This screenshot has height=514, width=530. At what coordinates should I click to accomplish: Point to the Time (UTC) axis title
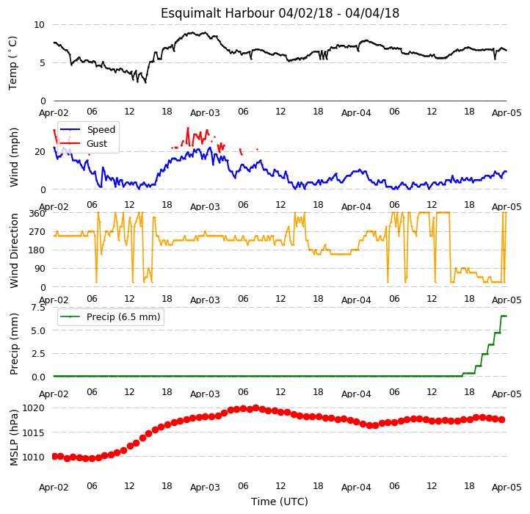pos(280,502)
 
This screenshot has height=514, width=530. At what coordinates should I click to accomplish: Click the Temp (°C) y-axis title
pos(12,63)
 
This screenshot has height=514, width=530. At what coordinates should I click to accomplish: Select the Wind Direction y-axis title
pos(14,250)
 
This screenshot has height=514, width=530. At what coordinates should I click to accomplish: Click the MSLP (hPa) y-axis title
pos(14,438)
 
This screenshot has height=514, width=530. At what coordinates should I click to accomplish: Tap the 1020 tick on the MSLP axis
pos(33,408)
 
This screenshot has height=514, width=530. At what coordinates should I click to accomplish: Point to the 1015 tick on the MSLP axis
pos(33,432)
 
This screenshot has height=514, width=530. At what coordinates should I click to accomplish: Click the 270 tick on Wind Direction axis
pos(37,232)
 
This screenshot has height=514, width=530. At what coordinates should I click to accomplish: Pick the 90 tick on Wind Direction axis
pos(40,269)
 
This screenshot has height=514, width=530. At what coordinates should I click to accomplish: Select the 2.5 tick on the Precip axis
pos(38,354)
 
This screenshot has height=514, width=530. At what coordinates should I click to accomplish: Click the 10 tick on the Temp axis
pos(39,25)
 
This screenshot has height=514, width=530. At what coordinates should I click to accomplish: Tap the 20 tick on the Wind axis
pos(40,152)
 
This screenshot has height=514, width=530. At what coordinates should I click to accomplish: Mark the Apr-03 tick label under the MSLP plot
pos(205,488)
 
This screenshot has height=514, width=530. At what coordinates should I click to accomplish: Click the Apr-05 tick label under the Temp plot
pos(507,113)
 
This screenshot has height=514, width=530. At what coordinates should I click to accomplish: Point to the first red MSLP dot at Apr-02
pos(54,457)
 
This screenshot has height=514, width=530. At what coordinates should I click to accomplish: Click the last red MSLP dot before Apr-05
pos(502,420)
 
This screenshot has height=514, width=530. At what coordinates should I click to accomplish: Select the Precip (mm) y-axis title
pos(14,344)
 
